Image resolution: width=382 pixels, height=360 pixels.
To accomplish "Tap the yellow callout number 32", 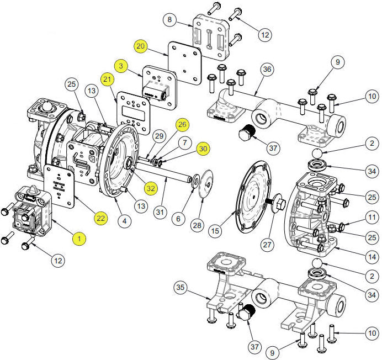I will pyautogui.click(x=150, y=188).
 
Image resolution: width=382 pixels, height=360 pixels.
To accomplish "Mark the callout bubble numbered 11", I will pyautogui.click(x=372, y=217).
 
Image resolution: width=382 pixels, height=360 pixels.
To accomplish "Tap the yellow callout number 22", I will pyautogui.click(x=100, y=219).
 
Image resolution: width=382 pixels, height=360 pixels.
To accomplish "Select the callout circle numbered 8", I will pyautogui.click(x=171, y=20).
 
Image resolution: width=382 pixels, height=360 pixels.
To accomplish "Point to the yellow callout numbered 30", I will pyautogui.click(x=204, y=149).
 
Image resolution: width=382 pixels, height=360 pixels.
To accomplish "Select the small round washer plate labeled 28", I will pyautogui.click(x=203, y=182).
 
